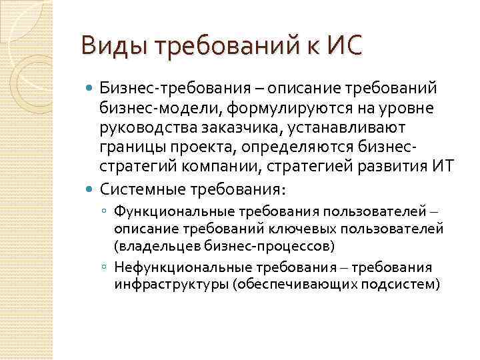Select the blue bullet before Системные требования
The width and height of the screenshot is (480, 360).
(91, 190)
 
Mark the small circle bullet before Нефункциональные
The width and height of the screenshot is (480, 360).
(105, 267)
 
